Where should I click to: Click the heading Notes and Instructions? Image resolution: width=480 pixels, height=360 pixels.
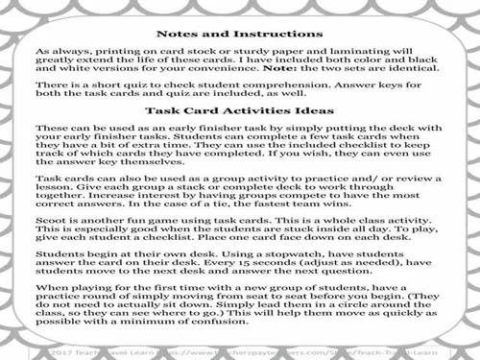click(240, 31)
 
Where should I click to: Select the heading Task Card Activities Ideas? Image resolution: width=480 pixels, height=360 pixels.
click(239, 110)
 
